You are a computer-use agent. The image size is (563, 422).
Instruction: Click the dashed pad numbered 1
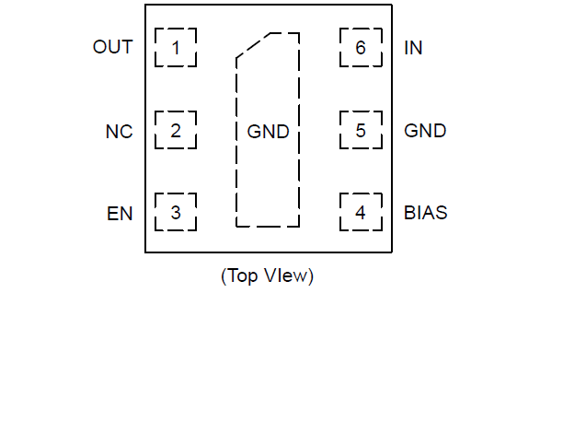175,48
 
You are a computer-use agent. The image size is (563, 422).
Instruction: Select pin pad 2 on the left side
175,131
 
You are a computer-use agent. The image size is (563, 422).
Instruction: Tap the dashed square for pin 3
175,213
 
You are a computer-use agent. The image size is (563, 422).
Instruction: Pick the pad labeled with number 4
360,213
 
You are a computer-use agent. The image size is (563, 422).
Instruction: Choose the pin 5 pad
360,131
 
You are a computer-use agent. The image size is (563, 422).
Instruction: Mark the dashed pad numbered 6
360,48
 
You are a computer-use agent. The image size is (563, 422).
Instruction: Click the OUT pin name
112,48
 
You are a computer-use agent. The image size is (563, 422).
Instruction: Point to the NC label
119,132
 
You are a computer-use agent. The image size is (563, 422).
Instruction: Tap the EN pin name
120,214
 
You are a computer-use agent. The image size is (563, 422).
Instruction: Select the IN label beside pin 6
413,48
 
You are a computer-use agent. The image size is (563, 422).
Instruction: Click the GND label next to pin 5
425,131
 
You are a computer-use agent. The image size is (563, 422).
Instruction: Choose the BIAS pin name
426,214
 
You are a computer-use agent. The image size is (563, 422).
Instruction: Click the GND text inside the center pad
268,132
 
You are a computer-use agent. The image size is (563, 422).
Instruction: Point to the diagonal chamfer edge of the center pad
253,47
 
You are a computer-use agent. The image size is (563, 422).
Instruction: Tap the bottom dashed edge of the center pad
268,226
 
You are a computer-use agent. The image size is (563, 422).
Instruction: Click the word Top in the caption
243,275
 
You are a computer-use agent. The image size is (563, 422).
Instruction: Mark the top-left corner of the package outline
145,6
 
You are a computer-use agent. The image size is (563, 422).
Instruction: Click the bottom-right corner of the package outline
393,252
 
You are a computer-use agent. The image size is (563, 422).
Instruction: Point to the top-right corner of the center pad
299,35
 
